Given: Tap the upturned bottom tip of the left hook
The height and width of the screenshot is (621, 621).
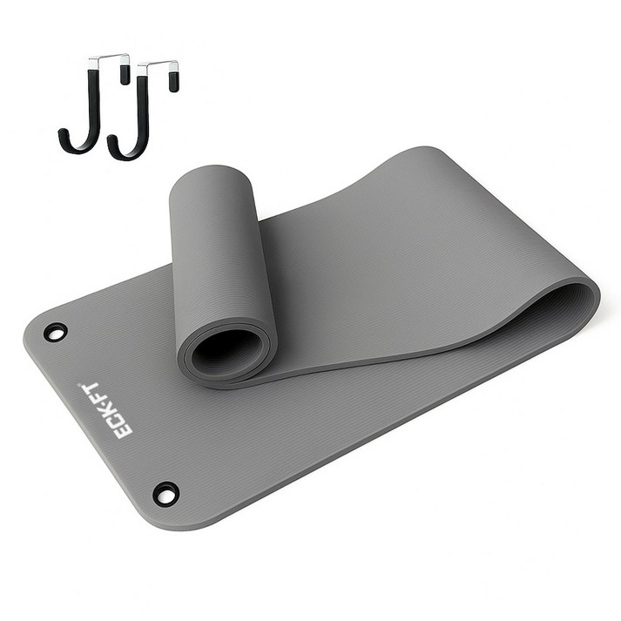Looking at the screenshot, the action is (62, 133).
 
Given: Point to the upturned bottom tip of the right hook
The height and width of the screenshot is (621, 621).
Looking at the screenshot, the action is (112, 140).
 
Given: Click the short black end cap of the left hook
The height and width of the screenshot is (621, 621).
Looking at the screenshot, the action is (125, 75).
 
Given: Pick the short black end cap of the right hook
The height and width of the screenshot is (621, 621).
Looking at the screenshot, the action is (173, 82).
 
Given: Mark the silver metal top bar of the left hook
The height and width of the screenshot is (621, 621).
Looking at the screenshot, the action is (109, 59).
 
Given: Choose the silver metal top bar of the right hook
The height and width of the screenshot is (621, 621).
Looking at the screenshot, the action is (158, 65).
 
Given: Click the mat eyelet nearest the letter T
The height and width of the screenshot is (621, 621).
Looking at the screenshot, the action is (56, 332).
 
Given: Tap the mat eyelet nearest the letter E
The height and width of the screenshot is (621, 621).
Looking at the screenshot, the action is (166, 494).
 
